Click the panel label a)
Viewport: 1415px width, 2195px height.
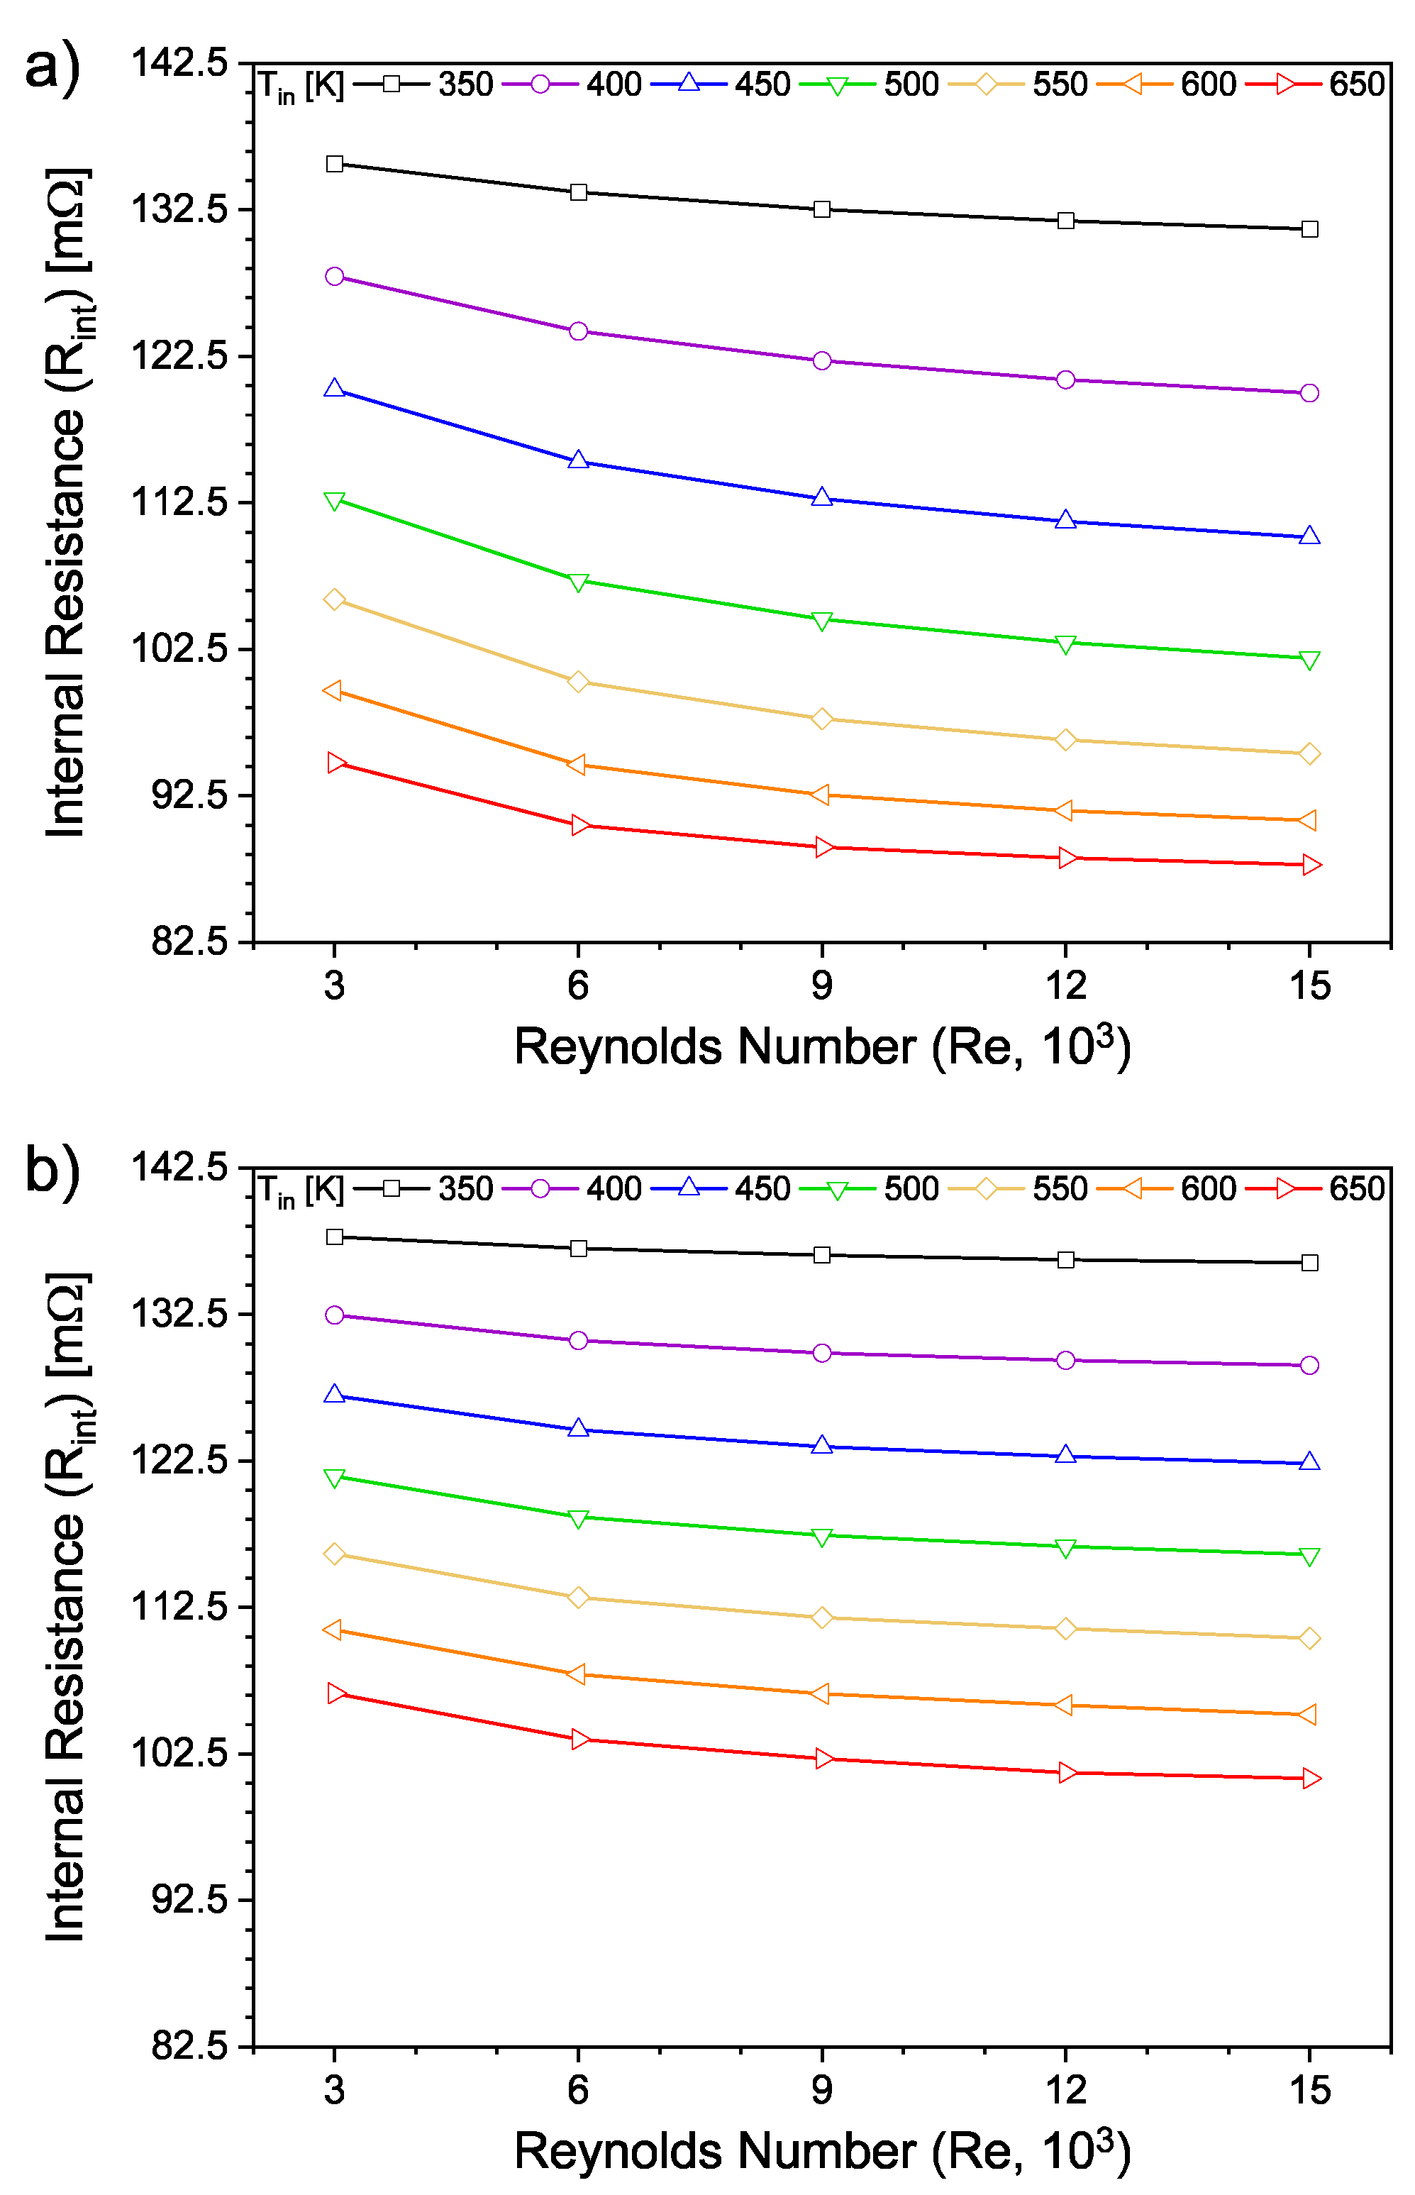click(x=52, y=69)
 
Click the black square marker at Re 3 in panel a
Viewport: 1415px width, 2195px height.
click(x=335, y=164)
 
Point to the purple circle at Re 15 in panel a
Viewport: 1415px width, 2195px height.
click(x=1309, y=393)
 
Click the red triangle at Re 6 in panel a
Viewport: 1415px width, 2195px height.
click(x=579, y=825)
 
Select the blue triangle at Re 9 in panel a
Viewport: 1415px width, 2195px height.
click(x=821, y=498)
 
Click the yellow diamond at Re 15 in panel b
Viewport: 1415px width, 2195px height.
click(x=1309, y=1638)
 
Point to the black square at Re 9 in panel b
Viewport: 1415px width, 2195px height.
click(x=821, y=1255)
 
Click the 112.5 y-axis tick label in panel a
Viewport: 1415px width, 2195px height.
click(x=179, y=502)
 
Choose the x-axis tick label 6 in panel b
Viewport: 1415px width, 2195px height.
click(x=578, y=2090)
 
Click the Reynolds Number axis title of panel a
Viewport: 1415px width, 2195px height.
click(x=821, y=1047)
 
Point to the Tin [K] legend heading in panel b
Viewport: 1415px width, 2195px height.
click(x=301, y=1190)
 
